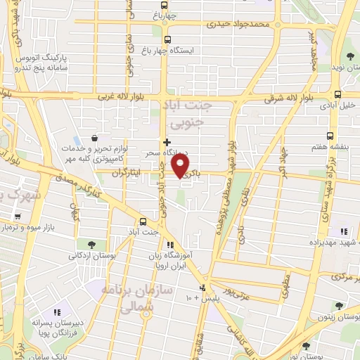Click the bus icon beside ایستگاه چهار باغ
[x=167, y=40]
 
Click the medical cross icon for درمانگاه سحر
[x=167, y=143]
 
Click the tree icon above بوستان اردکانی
[x=91, y=244]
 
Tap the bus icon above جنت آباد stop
[x=143, y=219]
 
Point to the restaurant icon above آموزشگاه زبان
[x=170, y=245]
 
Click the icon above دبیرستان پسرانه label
[x=58, y=311]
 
